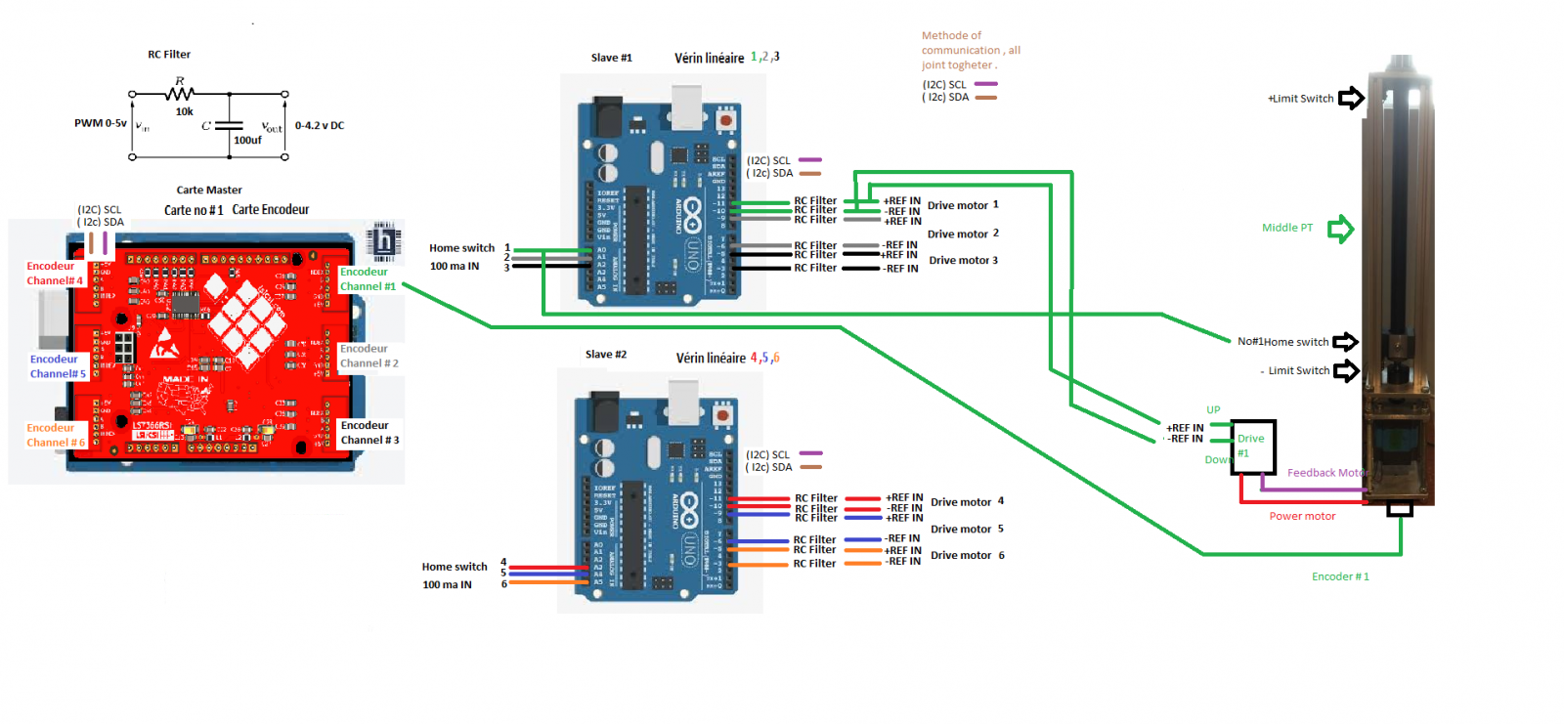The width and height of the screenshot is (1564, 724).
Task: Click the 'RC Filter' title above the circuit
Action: point(169,55)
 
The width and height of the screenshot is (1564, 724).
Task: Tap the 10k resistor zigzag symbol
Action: point(180,94)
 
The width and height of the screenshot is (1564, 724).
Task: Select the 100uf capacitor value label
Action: point(247,141)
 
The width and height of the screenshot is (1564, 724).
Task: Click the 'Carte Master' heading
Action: point(209,191)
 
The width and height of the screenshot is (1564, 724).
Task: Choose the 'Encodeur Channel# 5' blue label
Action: point(58,366)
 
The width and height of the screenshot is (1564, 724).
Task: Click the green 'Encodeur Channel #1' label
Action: point(368,279)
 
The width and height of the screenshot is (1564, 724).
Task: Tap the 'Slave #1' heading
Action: point(611,58)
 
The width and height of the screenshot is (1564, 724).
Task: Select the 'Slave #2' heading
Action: point(606,355)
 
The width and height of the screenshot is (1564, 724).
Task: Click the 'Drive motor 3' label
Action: point(963,261)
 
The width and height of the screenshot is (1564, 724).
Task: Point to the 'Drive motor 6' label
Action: point(967,556)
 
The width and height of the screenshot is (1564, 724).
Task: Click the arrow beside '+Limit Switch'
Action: point(1351,98)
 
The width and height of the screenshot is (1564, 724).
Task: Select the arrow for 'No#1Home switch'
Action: point(1346,342)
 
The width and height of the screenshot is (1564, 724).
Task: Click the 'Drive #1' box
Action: point(1252,447)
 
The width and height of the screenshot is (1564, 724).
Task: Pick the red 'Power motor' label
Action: point(1302,516)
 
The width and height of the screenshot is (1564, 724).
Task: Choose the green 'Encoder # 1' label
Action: point(1340,577)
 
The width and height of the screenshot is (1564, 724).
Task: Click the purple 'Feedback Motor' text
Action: point(1325,473)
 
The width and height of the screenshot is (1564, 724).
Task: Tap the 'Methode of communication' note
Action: point(970,50)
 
